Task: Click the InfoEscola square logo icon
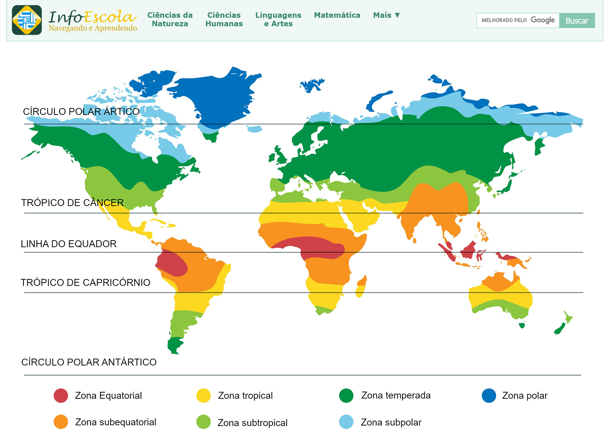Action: point(27,20)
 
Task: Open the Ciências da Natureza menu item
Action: point(170,19)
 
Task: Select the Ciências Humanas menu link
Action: point(224,19)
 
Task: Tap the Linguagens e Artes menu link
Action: point(278,19)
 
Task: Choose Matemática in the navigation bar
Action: point(337,15)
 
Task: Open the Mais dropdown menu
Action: point(386,15)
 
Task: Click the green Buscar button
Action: point(577,20)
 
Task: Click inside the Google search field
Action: point(518,20)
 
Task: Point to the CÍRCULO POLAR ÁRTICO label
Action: point(81,112)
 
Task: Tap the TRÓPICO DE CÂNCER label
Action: point(72,203)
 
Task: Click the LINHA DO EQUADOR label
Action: point(69,244)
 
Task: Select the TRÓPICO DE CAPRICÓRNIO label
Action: point(85,283)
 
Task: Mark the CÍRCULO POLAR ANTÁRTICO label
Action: point(89,362)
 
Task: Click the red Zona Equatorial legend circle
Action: point(61,396)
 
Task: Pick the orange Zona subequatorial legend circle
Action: point(61,422)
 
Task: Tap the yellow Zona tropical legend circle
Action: point(203,396)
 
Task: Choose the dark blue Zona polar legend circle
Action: point(489,396)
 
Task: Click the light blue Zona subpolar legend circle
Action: point(346,422)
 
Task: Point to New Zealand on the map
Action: point(562,326)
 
